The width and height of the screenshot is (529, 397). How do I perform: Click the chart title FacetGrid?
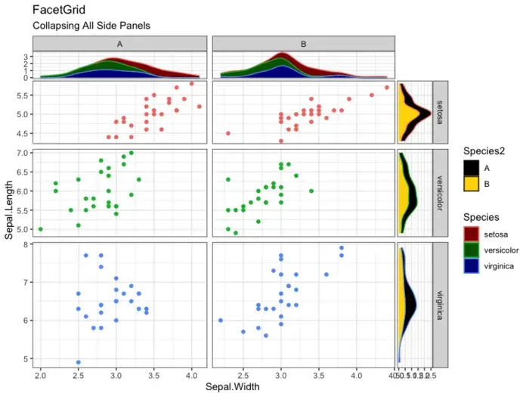pyautogui.click(x=59, y=10)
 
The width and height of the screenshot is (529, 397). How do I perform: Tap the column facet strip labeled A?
pyautogui.click(x=120, y=44)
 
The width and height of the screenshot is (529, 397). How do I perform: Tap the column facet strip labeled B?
pyautogui.click(x=303, y=44)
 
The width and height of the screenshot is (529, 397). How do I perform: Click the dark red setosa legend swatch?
pyautogui.click(x=472, y=234)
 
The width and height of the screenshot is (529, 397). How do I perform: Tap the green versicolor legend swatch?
pyautogui.click(x=472, y=250)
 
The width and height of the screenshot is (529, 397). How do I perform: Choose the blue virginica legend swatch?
pyautogui.click(x=472, y=266)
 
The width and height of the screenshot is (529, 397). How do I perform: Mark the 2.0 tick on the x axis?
pyautogui.click(x=41, y=375)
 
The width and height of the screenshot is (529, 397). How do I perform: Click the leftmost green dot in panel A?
pyautogui.click(x=41, y=228)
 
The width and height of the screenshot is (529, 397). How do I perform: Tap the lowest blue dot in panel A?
pyautogui.click(x=79, y=361)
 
